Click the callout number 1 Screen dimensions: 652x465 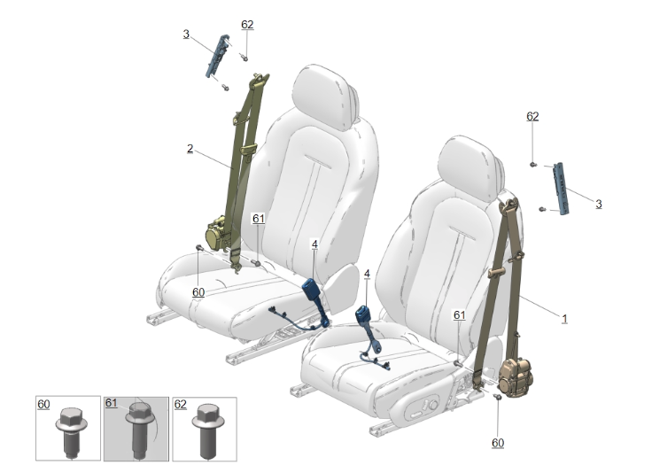[564, 319]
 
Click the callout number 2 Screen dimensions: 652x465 [190, 149]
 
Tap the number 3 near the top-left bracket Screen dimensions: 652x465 [186, 35]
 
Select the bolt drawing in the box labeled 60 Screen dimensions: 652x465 [71, 431]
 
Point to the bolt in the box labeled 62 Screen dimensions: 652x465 [208, 430]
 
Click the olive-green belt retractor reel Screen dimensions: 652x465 [217, 234]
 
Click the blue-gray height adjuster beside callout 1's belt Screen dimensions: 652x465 [561, 189]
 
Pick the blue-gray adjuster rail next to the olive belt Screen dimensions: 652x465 [217, 56]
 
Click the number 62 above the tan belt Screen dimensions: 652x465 [532, 116]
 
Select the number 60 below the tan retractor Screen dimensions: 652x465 [498, 443]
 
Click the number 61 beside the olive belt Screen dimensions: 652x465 [258, 219]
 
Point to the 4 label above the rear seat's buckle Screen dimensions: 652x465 [314, 244]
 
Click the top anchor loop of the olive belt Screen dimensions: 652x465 [259, 80]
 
